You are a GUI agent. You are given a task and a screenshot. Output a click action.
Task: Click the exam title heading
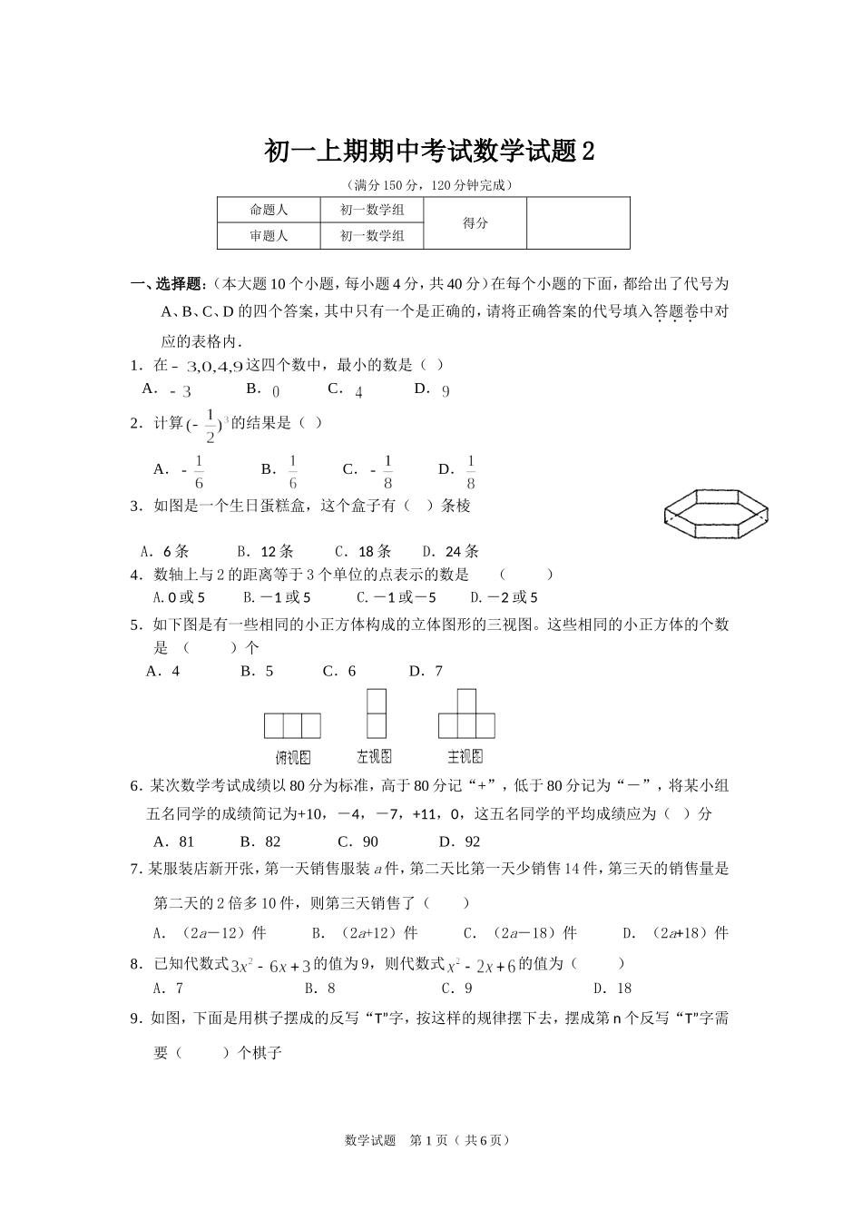[430, 151]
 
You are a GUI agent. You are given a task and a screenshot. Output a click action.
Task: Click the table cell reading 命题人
[269, 211]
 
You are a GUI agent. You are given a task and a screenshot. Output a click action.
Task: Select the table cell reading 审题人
[269, 236]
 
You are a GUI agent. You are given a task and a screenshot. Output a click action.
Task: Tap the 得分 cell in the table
[475, 223]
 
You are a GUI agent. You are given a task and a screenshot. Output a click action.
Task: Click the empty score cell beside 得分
[578, 223]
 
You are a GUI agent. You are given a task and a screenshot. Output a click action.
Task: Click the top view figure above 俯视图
[292, 725]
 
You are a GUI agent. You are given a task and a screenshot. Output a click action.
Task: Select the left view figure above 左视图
[376, 713]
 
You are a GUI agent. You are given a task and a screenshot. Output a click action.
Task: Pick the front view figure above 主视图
[466, 714]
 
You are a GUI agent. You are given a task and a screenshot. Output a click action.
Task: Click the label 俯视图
[293, 756]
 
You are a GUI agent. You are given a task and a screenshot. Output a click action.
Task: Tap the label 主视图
[465, 756]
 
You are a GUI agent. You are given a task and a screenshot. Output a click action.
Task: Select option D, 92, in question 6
[460, 841]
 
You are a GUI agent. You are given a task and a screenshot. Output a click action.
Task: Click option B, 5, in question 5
[257, 671]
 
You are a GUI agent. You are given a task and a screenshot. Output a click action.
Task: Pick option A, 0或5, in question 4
[180, 597]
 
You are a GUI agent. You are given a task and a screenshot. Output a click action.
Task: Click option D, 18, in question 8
[612, 989]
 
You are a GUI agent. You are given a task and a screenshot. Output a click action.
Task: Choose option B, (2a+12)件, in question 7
[365, 932]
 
